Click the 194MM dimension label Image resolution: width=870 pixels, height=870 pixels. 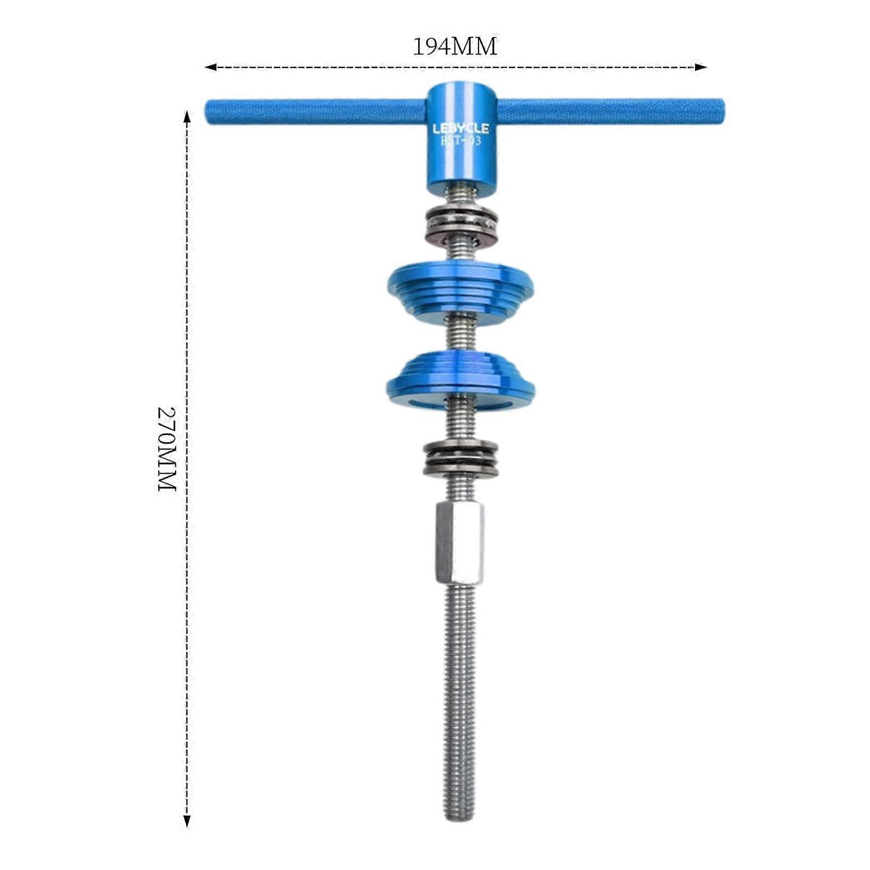(455, 47)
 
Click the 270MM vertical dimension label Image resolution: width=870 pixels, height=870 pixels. (167, 449)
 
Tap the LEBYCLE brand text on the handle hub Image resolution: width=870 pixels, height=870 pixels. (461, 129)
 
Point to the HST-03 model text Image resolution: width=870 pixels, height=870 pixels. (460, 141)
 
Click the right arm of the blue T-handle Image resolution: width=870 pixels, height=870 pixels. (609, 111)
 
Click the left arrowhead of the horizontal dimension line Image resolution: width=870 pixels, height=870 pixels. (208, 67)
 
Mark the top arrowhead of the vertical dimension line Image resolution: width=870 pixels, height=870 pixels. (187, 115)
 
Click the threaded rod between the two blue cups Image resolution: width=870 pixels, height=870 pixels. (460, 334)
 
